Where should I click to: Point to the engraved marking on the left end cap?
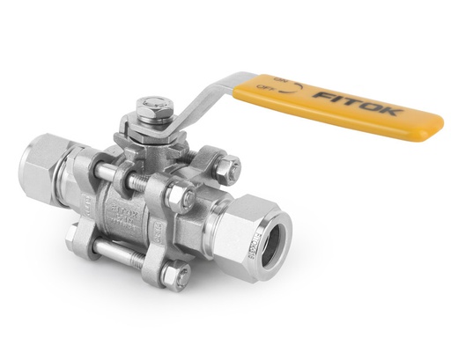point(88,206)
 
